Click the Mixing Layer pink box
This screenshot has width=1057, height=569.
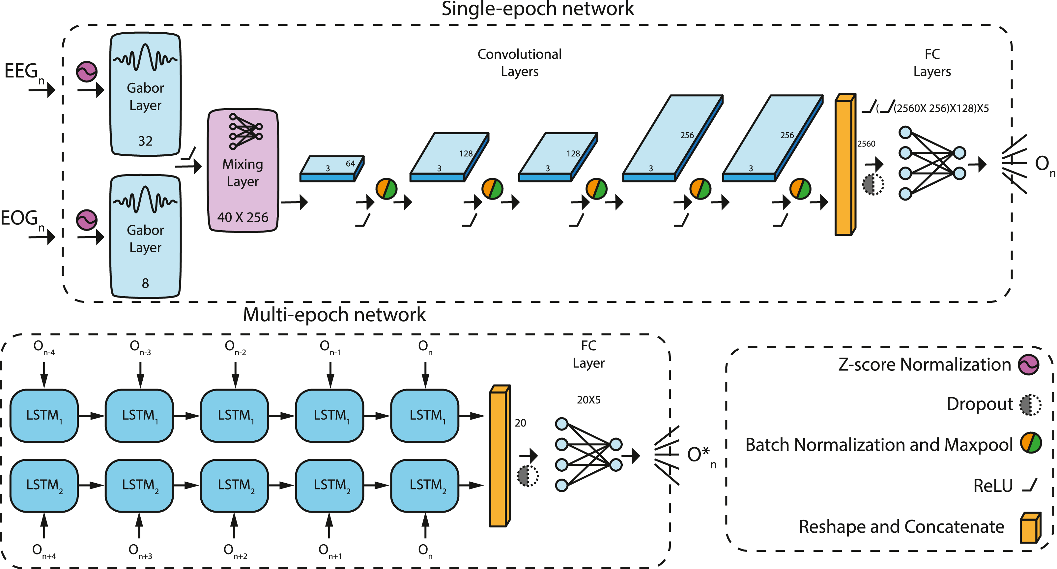click(x=243, y=171)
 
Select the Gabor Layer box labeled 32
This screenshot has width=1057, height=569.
click(x=145, y=94)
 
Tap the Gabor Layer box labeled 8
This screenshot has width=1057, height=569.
click(x=145, y=237)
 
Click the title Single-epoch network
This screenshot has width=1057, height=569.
click(x=537, y=9)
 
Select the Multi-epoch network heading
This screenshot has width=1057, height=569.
click(x=334, y=315)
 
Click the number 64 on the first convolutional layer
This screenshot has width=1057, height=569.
click(x=350, y=164)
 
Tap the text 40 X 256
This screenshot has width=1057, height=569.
click(x=243, y=217)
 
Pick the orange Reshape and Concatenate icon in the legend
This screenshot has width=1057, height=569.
click(x=1030, y=527)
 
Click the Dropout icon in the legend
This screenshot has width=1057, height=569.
click(x=1030, y=405)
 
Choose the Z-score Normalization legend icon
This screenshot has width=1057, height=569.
click(x=1028, y=364)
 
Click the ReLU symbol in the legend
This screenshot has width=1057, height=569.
click(x=1030, y=485)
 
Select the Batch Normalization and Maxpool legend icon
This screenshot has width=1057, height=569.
click(x=1031, y=443)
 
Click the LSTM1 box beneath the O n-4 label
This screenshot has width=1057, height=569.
click(x=44, y=415)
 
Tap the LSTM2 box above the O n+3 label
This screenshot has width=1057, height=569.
click(x=139, y=485)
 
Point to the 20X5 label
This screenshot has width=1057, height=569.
click(x=588, y=400)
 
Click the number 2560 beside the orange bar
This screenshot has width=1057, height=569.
click(x=866, y=144)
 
